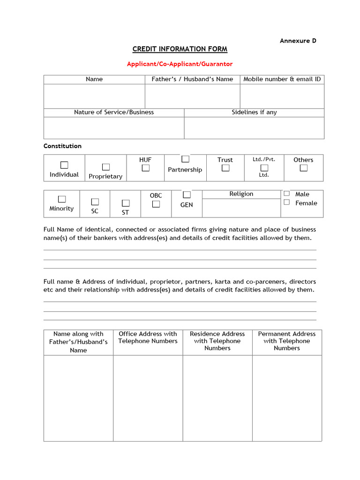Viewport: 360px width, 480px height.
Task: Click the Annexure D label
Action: (x=298, y=41)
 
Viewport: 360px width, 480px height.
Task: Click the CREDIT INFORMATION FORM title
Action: (x=180, y=49)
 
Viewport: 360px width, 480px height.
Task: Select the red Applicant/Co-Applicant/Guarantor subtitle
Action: (x=180, y=64)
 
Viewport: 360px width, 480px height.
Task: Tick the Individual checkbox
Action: (x=64, y=165)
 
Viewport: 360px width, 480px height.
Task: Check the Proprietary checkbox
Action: (x=106, y=167)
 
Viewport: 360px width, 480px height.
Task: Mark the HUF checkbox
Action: (x=146, y=168)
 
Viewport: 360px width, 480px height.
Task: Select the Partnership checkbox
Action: (x=186, y=159)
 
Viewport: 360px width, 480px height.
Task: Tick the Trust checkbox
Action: (x=225, y=168)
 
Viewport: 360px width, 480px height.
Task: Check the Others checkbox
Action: (x=304, y=168)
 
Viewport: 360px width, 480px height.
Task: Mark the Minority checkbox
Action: (x=62, y=199)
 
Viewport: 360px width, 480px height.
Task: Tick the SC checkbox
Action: (x=95, y=202)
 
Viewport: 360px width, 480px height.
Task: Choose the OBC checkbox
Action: (x=156, y=204)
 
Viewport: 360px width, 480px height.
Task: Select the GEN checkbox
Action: (x=187, y=195)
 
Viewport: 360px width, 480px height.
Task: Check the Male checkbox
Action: (x=286, y=194)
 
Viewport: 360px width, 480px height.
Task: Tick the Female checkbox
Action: (x=286, y=202)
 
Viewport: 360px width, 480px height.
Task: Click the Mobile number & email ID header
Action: (x=282, y=79)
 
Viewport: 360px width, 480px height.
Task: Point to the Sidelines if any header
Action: (x=254, y=112)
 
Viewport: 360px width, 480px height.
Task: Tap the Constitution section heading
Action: (x=62, y=146)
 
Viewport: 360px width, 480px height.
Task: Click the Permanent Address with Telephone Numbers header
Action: (x=287, y=341)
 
